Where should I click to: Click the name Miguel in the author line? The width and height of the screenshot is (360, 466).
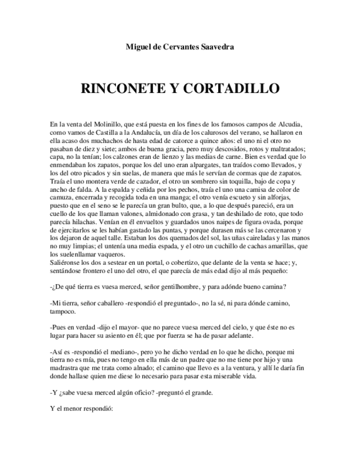click(x=139, y=47)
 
